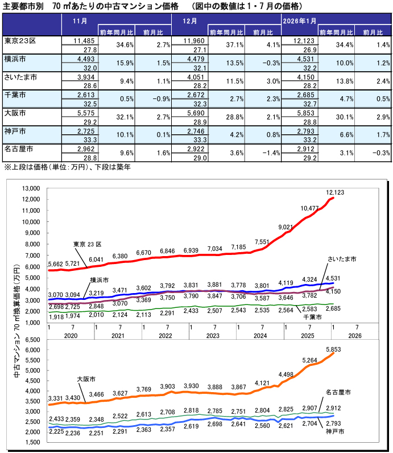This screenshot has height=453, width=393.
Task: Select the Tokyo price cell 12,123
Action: click(304, 41)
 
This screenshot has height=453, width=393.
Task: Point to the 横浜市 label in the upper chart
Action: click(100, 281)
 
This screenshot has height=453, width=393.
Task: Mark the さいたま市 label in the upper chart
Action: click(342, 258)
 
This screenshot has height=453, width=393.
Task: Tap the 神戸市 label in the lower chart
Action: click(336, 432)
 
